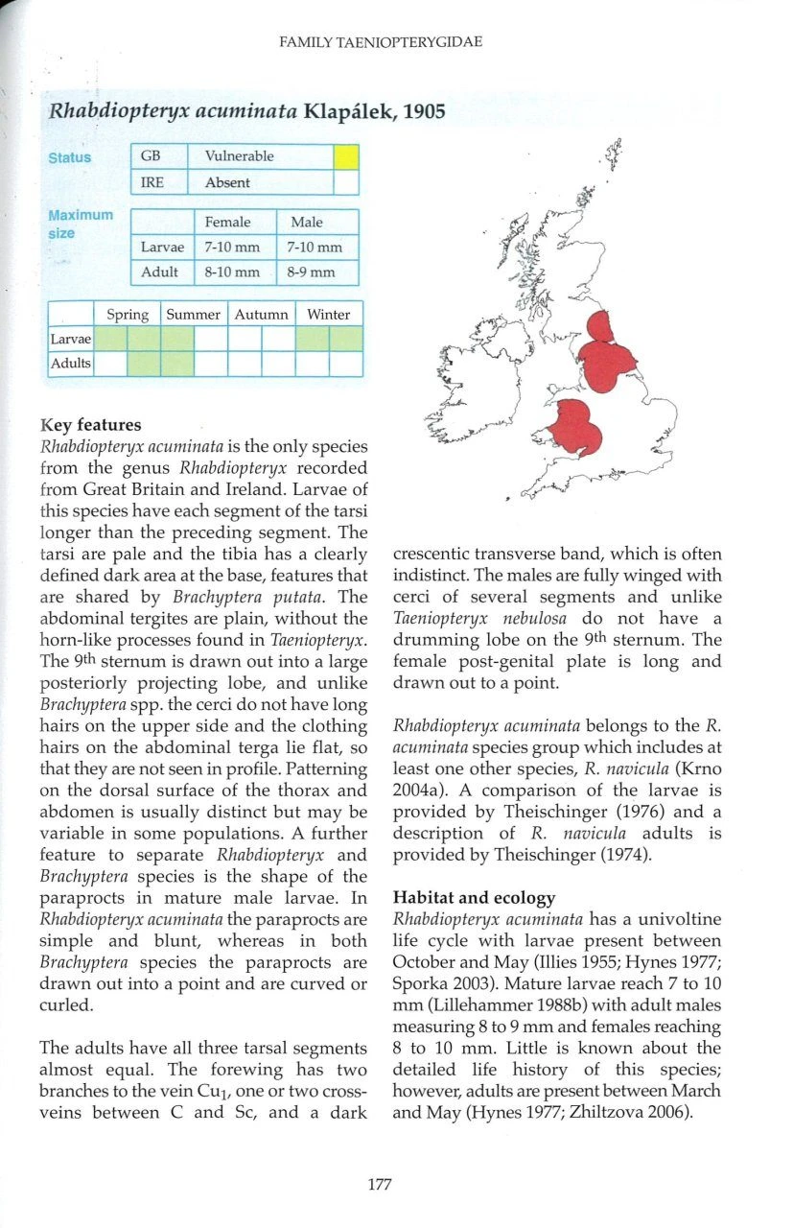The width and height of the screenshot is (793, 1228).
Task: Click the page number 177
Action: (x=380, y=1184)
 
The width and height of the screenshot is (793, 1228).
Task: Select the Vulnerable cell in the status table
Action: (x=241, y=155)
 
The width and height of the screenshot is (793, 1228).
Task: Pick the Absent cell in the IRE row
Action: (x=227, y=182)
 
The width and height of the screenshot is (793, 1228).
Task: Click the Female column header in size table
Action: (x=227, y=222)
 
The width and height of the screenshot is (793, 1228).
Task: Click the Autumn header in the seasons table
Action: (x=260, y=315)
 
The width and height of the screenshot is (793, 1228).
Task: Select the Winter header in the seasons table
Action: (x=329, y=315)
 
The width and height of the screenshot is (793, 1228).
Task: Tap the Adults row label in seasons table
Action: (x=71, y=364)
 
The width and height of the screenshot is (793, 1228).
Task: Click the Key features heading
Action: (x=90, y=425)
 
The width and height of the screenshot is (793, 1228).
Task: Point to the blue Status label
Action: (x=70, y=157)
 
